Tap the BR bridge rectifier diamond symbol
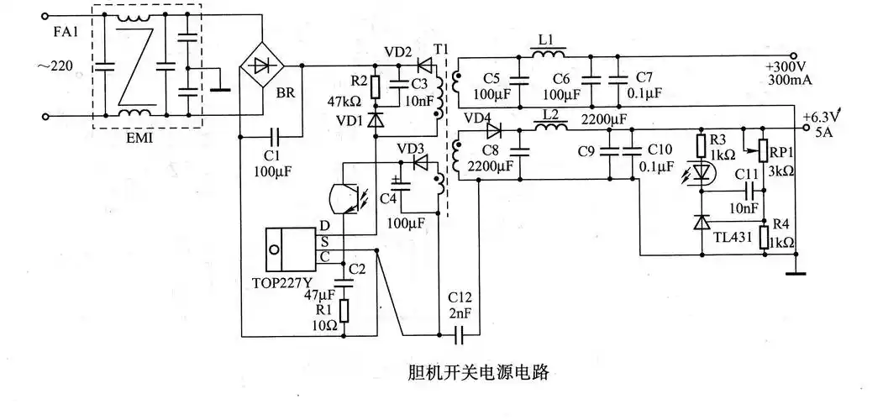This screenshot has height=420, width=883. (x=261, y=66)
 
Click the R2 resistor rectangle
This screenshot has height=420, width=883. (x=375, y=87)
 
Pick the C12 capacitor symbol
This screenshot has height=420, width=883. (x=459, y=335)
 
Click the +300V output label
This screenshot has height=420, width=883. (x=786, y=66)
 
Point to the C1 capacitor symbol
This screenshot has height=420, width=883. (x=275, y=135)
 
